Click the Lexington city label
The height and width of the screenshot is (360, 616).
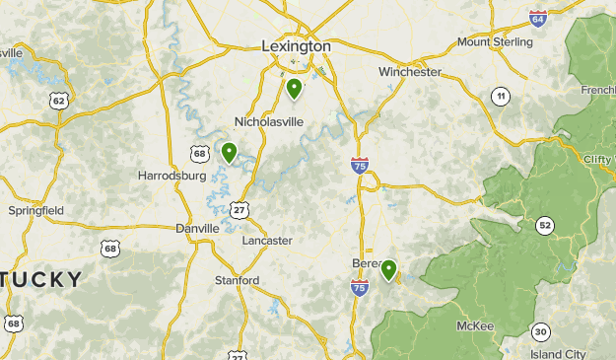coord(296,45)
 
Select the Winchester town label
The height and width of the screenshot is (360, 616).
coord(410,72)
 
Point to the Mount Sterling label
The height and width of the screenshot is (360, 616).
coord(493,42)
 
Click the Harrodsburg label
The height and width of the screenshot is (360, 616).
coord(171,176)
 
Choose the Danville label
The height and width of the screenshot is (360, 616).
coord(198,228)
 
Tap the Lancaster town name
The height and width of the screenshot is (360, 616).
coord(267,240)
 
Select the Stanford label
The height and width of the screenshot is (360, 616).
coord(238,281)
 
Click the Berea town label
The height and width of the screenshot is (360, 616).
coord(367,264)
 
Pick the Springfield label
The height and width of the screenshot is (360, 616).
coord(35,210)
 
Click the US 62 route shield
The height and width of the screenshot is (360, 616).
coord(59,101)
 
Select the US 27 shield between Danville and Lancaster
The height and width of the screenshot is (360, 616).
coord(240,209)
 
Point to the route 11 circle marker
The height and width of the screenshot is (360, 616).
coord(501,96)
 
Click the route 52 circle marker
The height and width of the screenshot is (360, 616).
coord(545,226)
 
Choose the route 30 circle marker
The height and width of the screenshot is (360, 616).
coord(540,330)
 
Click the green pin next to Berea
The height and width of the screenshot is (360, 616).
coord(389,269)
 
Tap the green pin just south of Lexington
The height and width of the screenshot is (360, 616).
coord(294,89)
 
